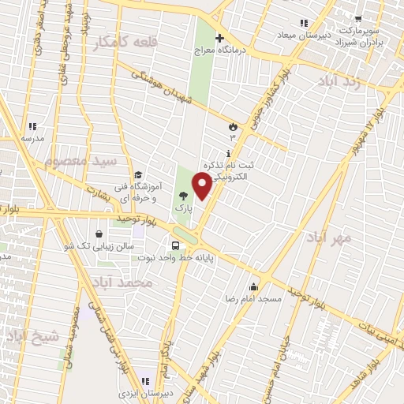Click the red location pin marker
coord(203,186)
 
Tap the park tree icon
coord(184,197)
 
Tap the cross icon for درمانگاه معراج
coord(219,38)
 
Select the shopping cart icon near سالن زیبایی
coord(98,234)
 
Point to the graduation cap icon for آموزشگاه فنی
coord(138,175)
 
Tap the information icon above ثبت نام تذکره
coord(229,153)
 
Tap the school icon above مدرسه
coord(32,126)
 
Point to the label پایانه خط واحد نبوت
coord(189,257)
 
